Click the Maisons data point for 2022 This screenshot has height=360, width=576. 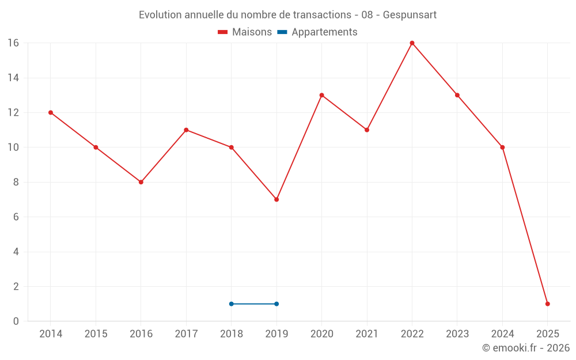(412, 43)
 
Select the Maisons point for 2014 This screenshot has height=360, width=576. (51, 112)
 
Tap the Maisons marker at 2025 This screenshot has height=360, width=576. (547, 304)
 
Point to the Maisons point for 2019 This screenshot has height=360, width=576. (276, 199)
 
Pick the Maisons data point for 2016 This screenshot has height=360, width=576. (141, 182)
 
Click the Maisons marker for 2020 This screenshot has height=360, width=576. (321, 95)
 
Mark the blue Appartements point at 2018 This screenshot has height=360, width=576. (231, 304)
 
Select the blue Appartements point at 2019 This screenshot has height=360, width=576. (276, 304)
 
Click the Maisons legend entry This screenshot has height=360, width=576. (245, 32)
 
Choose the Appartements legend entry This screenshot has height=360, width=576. (317, 32)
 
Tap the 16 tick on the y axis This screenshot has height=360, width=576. (13, 43)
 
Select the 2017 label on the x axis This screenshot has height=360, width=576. (186, 334)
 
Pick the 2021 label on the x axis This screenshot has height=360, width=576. (367, 334)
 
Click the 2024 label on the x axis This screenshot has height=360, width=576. (502, 334)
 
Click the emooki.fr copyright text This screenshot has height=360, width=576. (526, 348)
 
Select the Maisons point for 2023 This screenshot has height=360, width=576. (457, 95)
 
